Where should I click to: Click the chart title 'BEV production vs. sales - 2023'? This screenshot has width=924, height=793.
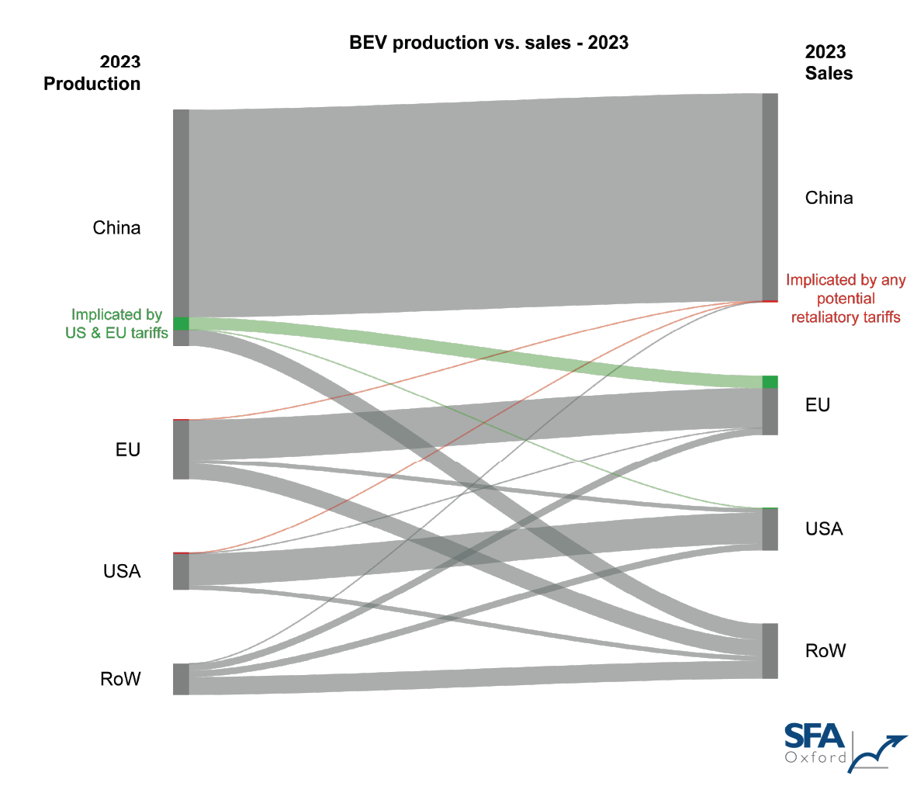[x=489, y=43]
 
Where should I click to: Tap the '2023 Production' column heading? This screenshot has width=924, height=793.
[x=92, y=73]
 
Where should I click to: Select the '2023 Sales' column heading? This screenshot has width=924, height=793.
[x=828, y=63]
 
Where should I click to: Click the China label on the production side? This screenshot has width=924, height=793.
[x=116, y=228]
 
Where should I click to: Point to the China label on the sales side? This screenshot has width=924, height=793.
[x=829, y=198]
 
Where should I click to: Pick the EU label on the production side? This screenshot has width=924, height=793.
[x=127, y=450]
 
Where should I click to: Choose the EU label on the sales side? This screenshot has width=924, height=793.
[x=818, y=405]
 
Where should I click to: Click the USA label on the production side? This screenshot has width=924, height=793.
[x=122, y=572]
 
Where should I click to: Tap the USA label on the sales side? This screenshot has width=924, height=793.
[x=823, y=529]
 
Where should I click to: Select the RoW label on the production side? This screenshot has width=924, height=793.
[x=120, y=679]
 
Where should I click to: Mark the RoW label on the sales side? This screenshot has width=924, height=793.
[x=825, y=651]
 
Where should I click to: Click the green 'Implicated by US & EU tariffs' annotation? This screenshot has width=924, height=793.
[x=116, y=324]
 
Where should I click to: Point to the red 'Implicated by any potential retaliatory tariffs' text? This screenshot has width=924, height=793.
[x=846, y=299]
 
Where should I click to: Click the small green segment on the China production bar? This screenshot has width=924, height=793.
[x=181, y=324]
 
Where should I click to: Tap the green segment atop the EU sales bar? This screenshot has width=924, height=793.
[x=770, y=382]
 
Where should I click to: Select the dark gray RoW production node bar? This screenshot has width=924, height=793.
[x=181, y=679]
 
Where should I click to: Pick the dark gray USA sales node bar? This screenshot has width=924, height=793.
[x=770, y=529]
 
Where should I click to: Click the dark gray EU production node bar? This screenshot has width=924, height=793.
[x=181, y=450]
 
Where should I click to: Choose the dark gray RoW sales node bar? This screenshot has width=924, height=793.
[x=770, y=651]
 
